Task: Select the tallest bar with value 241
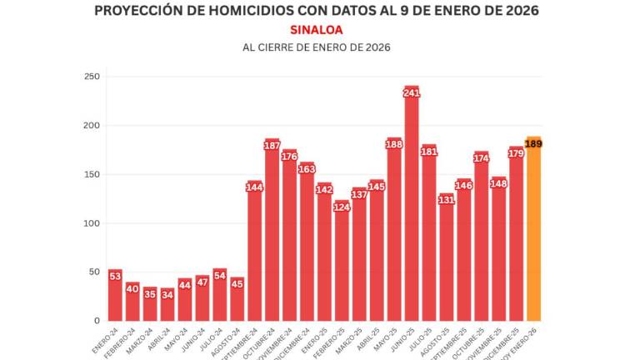point(412,208)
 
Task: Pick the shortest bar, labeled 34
point(167,307)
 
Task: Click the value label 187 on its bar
point(272,146)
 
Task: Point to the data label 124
point(342,207)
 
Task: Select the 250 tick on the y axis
point(92,77)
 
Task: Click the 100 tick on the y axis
point(92,223)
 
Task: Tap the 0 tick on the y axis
point(97,321)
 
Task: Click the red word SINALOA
point(316,29)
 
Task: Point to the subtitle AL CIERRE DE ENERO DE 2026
point(316,47)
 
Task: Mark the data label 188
point(394,144)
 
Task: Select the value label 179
point(516,153)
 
